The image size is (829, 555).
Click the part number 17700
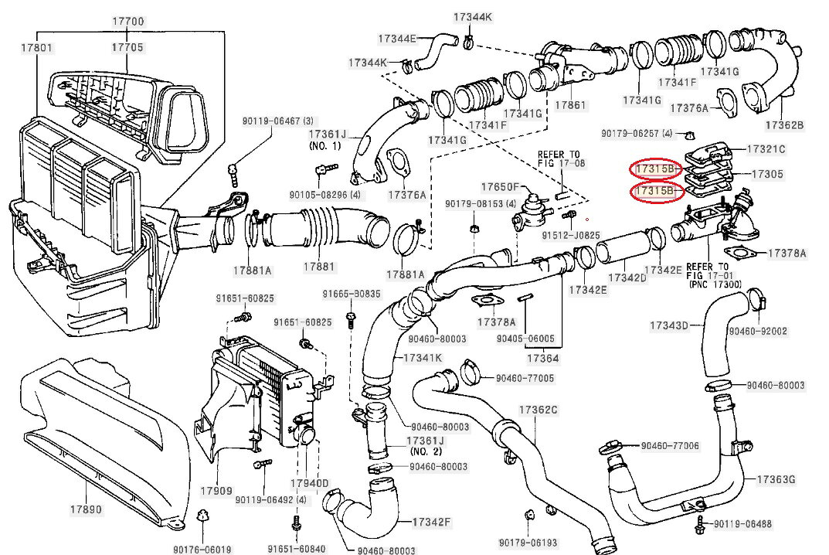pyautogui.click(x=128, y=22)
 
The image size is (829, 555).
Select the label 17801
pyautogui.click(x=36, y=48)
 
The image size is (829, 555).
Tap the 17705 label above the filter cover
pyautogui.click(x=127, y=47)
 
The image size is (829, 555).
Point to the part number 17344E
pyautogui.click(x=397, y=39)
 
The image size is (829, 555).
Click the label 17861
pyautogui.click(x=570, y=105)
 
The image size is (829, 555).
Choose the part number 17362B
pyautogui.click(x=785, y=125)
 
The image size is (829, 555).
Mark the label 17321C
pyautogui.click(x=766, y=149)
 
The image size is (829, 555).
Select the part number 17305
pyautogui.click(x=767, y=174)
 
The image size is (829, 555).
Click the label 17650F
pyautogui.click(x=500, y=187)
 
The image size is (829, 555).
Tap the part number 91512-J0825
pyautogui.click(x=571, y=235)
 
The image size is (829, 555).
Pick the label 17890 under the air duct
pyautogui.click(x=87, y=509)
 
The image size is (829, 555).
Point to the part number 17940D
pyautogui.click(x=309, y=483)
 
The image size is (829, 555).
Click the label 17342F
pyautogui.click(x=431, y=523)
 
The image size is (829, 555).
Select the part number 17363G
pyautogui.click(x=776, y=479)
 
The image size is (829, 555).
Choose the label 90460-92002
pyautogui.click(x=758, y=331)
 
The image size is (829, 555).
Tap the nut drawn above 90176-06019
pyautogui.click(x=202, y=515)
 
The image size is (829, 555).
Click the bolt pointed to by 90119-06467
pyautogui.click(x=233, y=175)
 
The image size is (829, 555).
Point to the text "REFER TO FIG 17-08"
pyautogui.click(x=562, y=158)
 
